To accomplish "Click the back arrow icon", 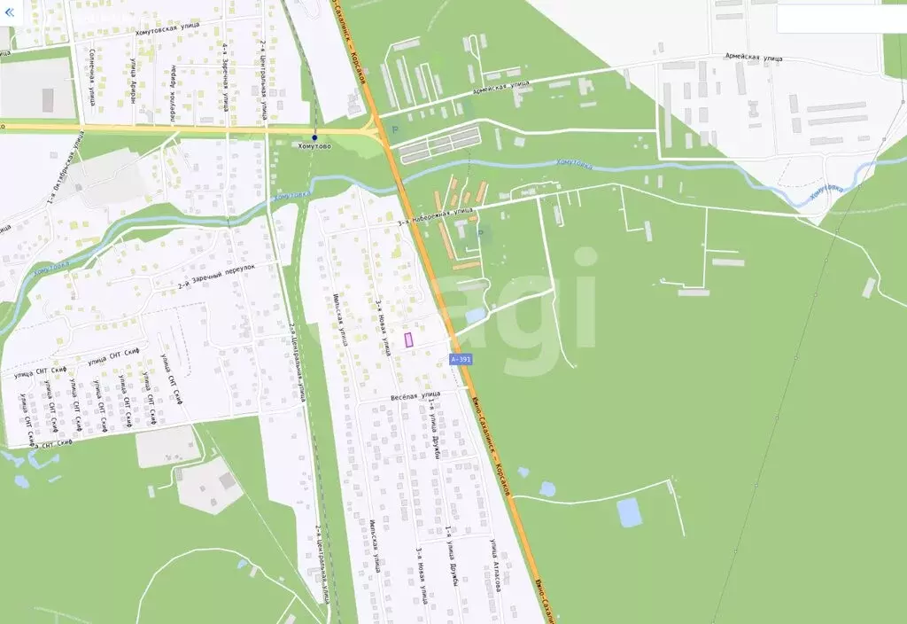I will point(10,13).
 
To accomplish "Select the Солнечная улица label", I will point(92,77).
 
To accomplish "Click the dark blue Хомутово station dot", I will point(314,137).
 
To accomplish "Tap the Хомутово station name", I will point(315,147).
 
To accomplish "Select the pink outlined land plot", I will point(409,339).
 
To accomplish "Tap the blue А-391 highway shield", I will point(461,359).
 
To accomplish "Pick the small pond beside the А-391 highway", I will point(476,315).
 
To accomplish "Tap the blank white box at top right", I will point(841,19).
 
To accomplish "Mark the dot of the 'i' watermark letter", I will point(585,256).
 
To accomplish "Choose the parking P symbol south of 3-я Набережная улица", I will point(480,233).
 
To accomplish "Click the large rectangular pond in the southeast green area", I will point(630,512).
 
